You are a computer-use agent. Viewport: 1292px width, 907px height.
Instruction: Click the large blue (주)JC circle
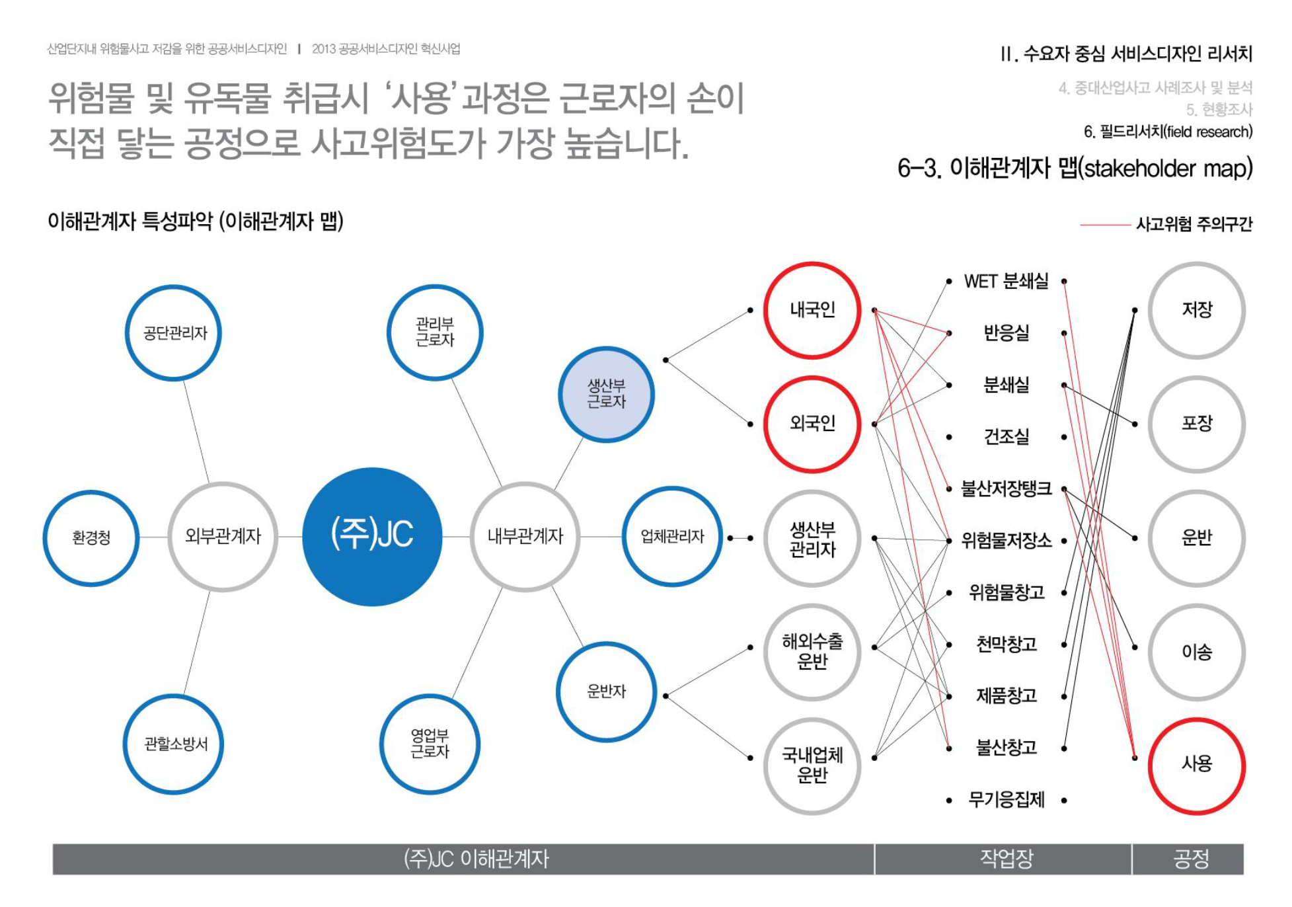coord(372,536)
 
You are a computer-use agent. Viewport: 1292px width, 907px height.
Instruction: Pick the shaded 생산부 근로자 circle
coord(606,394)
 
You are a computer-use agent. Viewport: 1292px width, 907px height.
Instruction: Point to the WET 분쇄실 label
coord(1006,281)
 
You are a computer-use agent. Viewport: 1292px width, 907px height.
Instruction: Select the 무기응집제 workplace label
coord(1006,800)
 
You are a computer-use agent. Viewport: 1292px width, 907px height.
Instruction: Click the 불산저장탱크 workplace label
coord(1006,489)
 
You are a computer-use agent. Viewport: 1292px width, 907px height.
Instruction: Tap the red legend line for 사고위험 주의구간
coord(1104,225)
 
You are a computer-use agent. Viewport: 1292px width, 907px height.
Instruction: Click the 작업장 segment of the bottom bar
coord(1003,859)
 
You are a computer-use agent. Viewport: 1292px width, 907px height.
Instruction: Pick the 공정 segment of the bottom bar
coord(1188,859)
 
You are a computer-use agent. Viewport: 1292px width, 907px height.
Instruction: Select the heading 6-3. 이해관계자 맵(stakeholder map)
coord(1075,168)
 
